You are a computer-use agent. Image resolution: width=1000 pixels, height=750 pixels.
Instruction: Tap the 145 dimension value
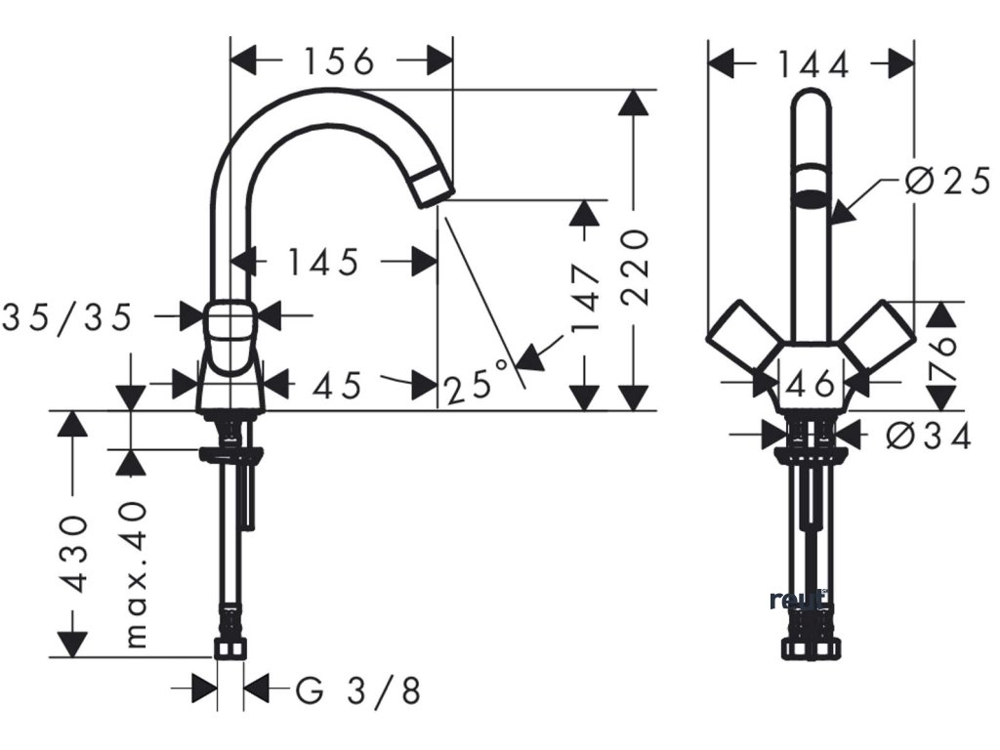click(323, 262)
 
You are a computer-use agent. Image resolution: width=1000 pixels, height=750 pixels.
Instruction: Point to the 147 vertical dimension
click(585, 299)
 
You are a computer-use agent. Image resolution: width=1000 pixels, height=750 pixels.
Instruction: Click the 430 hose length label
click(74, 554)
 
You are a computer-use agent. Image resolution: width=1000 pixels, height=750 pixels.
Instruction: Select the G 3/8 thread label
click(358, 691)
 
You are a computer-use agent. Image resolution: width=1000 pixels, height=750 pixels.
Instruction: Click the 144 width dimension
click(813, 64)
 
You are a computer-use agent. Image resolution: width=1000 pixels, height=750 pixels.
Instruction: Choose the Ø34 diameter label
click(929, 436)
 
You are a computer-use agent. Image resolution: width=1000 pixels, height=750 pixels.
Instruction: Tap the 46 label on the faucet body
click(811, 384)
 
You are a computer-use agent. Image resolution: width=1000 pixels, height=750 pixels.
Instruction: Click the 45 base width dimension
click(338, 386)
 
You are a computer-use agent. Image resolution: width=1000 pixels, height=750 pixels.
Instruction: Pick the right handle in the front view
click(878, 337)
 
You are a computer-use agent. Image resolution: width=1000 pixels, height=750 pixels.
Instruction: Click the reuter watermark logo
click(800, 600)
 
